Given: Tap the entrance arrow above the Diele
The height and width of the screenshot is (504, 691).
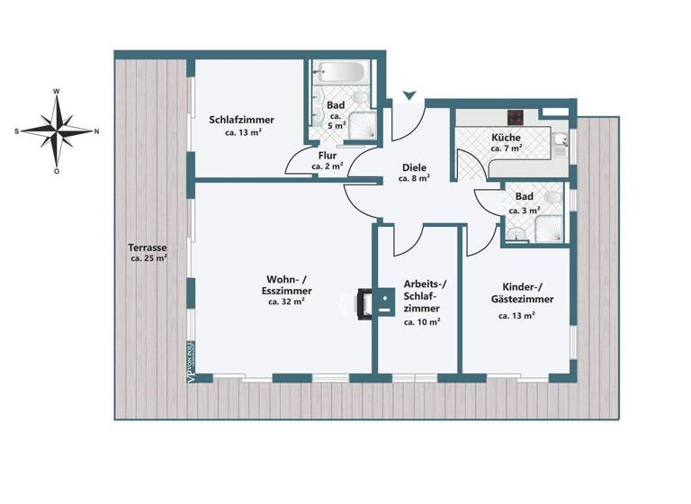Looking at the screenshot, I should coord(409,94).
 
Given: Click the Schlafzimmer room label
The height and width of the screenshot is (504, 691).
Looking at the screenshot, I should coord(242,120).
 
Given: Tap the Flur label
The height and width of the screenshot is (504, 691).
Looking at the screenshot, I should coord(328,155).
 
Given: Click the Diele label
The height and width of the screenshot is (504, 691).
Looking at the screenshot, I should coord(413,166).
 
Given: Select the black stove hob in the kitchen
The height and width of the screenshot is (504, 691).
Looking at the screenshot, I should coord(517,116).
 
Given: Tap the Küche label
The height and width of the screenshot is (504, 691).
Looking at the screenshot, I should coord(506,138).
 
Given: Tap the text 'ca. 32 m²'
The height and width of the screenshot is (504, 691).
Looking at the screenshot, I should coord(286,302).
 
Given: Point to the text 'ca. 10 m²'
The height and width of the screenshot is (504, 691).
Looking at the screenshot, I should coord(421,321).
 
